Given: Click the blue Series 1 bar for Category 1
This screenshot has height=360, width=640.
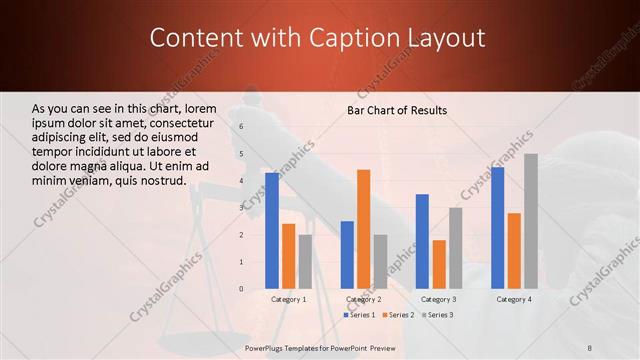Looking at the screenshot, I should pos(272,231).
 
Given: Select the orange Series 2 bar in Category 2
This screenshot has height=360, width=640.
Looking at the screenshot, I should pos(363,229).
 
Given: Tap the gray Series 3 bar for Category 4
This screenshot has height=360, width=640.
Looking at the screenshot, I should pos(530,221).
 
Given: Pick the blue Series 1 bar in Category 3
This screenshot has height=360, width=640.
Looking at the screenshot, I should pos(422,241).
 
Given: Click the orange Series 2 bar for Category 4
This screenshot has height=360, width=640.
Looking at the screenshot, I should pos(514,251).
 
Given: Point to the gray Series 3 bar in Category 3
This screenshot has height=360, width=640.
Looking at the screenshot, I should pos(455,248).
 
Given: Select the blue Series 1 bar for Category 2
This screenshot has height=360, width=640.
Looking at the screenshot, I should pos(347,255).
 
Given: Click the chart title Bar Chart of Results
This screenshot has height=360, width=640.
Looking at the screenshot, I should pos(397,110).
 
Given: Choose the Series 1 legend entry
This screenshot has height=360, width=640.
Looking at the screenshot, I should pos(361,315).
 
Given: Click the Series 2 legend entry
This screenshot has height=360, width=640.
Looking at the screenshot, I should pos(397,315).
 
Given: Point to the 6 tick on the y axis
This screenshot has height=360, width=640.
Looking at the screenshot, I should pos(241,127).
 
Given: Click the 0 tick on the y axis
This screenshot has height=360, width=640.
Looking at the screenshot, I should pos(241,289).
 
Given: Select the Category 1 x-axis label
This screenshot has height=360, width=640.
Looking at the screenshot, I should pos(289,299).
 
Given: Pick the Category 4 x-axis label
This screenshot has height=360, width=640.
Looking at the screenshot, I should pos(514,299).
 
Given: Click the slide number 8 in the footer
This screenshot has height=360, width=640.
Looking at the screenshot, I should pos(590,345).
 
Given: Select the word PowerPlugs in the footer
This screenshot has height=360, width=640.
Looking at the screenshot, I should pos(266,345).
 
